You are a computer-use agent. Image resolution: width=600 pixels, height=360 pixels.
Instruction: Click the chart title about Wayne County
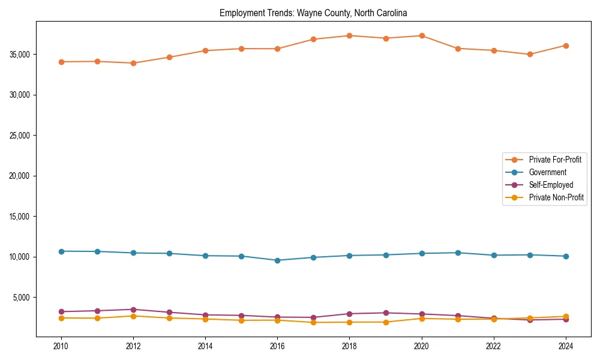313,13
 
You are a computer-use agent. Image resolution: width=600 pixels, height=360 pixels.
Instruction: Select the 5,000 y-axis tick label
20,298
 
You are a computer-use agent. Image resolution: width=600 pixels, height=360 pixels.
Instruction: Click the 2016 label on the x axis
277,346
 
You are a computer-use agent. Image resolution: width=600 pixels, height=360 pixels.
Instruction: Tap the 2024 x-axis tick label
566,346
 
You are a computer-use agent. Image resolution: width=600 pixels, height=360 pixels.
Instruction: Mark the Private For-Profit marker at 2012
133,63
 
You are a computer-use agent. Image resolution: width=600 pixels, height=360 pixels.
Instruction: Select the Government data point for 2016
277,260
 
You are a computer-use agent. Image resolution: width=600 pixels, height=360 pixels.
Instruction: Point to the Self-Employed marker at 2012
133,310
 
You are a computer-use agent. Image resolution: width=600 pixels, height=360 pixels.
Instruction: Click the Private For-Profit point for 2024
566,46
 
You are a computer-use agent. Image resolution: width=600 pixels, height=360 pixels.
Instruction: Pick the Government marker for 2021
458,253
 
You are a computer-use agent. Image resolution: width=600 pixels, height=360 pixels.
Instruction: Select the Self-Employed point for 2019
386,313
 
